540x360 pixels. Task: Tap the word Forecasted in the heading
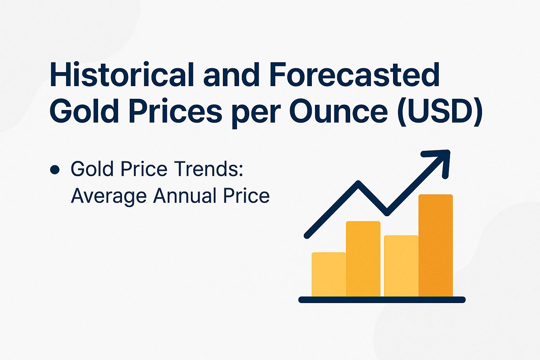coord(354,75)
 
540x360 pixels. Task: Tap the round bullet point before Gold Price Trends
coord(54,170)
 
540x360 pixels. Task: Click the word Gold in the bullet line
coord(92,169)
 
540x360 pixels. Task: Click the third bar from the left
coord(401,266)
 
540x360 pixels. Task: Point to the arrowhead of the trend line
coord(441,160)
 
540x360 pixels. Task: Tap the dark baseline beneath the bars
coord(382,300)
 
